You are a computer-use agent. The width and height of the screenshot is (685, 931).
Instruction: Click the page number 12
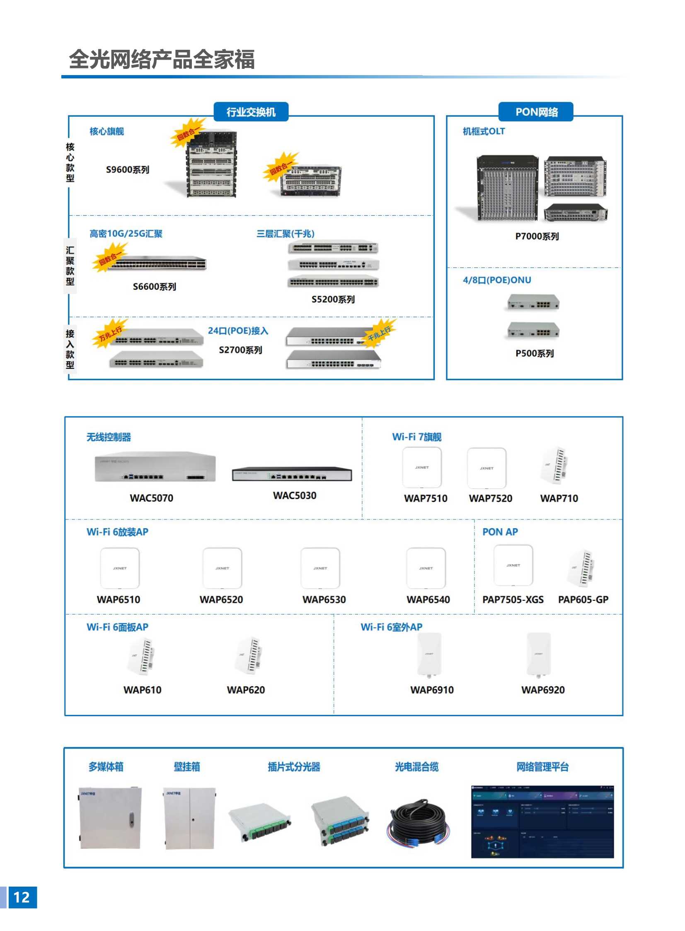(x=22, y=897)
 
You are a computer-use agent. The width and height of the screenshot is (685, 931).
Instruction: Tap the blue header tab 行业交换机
(x=251, y=112)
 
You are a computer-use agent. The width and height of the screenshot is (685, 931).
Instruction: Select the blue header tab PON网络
(x=536, y=112)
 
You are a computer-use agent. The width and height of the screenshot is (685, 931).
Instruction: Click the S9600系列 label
(x=128, y=170)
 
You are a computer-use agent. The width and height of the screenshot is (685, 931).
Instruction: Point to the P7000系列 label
(x=537, y=236)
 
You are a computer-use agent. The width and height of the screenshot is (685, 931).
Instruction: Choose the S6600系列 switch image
(x=155, y=263)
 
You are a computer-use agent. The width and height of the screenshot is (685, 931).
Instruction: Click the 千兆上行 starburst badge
(x=380, y=332)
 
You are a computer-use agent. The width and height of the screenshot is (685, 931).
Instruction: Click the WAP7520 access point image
(x=487, y=468)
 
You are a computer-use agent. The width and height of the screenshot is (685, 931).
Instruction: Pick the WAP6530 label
(x=324, y=600)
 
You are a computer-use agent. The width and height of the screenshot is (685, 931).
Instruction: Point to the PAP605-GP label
(x=583, y=600)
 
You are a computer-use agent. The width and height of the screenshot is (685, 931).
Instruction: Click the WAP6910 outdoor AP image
(x=429, y=655)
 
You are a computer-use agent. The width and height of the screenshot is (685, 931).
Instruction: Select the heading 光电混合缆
(x=416, y=767)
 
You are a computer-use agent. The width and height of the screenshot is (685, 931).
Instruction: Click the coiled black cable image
(x=418, y=823)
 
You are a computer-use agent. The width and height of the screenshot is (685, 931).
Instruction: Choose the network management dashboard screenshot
(x=542, y=822)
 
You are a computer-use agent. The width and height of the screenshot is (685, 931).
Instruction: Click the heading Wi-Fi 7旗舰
(x=417, y=437)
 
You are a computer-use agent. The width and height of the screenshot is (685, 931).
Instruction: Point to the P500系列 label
(x=535, y=353)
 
